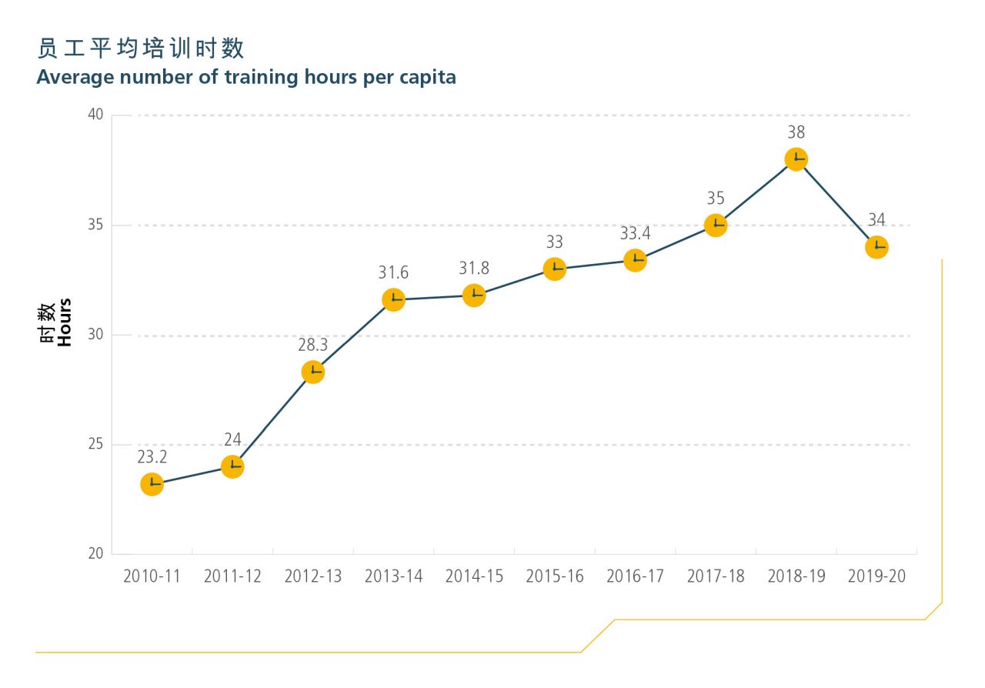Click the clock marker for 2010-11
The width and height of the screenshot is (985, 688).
click(152, 484)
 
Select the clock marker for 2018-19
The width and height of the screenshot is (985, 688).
click(796, 159)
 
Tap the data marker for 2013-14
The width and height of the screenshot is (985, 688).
click(393, 299)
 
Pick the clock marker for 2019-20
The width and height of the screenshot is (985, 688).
click(876, 247)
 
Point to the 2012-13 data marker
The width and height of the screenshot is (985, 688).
click(312, 372)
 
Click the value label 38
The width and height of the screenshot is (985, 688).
click(796, 132)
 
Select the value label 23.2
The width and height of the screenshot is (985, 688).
click(152, 457)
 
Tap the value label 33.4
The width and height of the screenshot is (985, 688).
click(635, 233)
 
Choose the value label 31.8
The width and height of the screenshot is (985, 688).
click(474, 268)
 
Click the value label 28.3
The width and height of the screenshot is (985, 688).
click(312, 345)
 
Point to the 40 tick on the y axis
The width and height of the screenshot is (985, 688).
click(95, 115)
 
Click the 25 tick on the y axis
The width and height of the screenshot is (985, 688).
click(95, 445)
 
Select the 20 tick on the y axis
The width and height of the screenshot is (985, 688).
click(95, 554)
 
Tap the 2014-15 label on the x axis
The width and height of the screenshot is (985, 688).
click(474, 576)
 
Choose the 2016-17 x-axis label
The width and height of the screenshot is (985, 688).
click(635, 576)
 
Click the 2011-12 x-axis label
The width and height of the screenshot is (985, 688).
click(232, 576)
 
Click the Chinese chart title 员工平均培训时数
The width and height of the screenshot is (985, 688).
click(141, 49)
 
